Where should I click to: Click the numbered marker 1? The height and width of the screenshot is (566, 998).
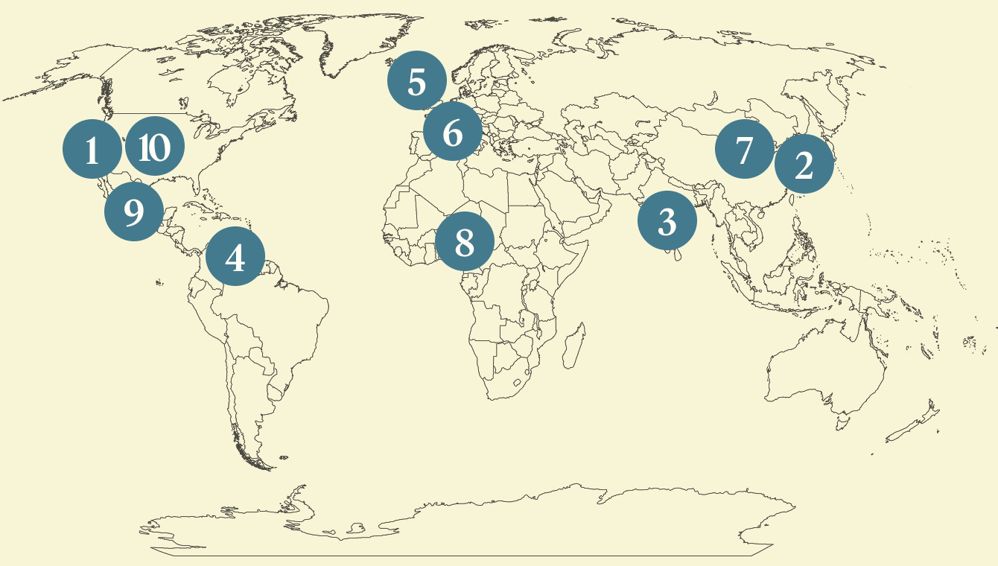click(x=92, y=149)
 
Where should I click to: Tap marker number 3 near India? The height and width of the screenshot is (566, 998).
click(x=667, y=221)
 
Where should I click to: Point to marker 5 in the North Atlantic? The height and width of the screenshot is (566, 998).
click(x=416, y=80)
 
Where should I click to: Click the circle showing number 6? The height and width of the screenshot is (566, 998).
click(x=452, y=131)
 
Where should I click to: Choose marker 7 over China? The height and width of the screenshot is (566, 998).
click(x=744, y=149)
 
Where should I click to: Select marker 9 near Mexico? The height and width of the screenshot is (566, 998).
click(x=134, y=212)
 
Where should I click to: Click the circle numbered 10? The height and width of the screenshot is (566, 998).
click(x=155, y=147)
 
